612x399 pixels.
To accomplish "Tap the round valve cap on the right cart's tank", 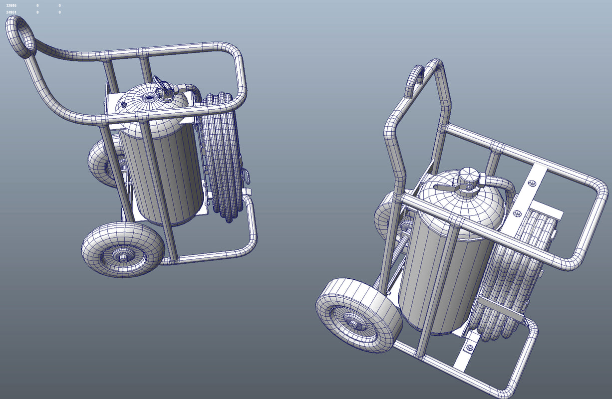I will [468, 177].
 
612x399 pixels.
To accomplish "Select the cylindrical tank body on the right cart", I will [439, 279].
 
